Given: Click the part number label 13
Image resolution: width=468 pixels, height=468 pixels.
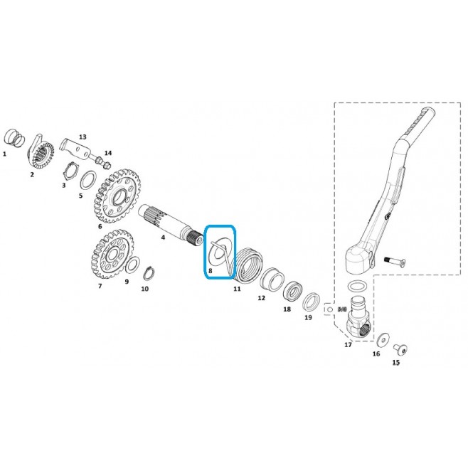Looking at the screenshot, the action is [x=83, y=137].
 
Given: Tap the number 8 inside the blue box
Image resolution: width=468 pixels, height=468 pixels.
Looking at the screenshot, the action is [x=211, y=271].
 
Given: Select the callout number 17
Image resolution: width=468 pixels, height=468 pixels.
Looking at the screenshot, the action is [x=348, y=345].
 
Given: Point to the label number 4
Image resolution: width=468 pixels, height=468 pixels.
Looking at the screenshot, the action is [x=163, y=238].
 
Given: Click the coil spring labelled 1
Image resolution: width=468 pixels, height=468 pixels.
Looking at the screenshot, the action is [x=14, y=138].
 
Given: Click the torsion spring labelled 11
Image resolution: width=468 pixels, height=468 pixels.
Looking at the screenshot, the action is [x=248, y=265].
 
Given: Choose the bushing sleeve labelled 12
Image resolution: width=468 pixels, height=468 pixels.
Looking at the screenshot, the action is [x=272, y=280].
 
